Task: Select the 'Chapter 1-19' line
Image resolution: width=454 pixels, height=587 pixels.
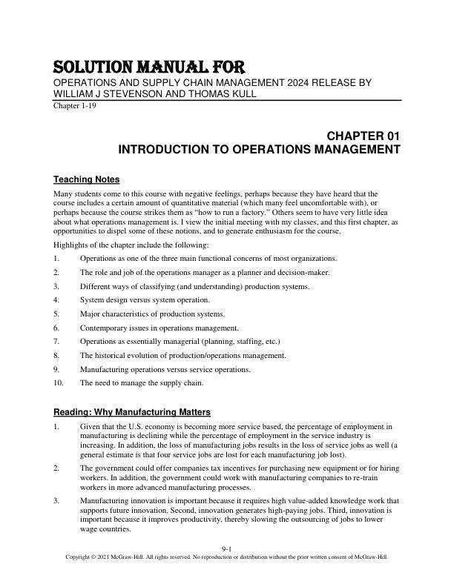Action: tap(73, 105)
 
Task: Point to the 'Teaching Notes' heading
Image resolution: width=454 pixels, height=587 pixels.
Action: tap(87, 179)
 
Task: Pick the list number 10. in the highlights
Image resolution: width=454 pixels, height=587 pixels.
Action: tap(59, 382)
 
